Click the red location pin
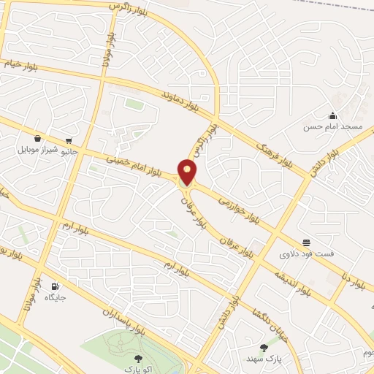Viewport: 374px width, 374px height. click(x=188, y=172)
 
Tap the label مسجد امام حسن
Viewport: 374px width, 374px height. click(x=334, y=126)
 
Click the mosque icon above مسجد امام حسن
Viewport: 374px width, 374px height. click(x=333, y=115)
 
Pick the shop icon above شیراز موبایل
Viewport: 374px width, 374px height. click(x=38, y=138)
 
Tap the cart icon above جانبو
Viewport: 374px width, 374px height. click(x=69, y=140)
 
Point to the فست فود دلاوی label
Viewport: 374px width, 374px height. click(x=305, y=254)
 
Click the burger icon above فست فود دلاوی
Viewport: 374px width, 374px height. click(x=305, y=243)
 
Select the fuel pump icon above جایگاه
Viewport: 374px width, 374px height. click(x=56, y=286)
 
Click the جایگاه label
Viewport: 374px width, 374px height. click(x=56, y=297)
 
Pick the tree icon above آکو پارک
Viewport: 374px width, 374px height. click(x=139, y=358)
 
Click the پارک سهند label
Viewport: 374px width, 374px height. click(x=264, y=359)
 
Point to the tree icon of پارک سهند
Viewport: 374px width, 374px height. click(x=264, y=348)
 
